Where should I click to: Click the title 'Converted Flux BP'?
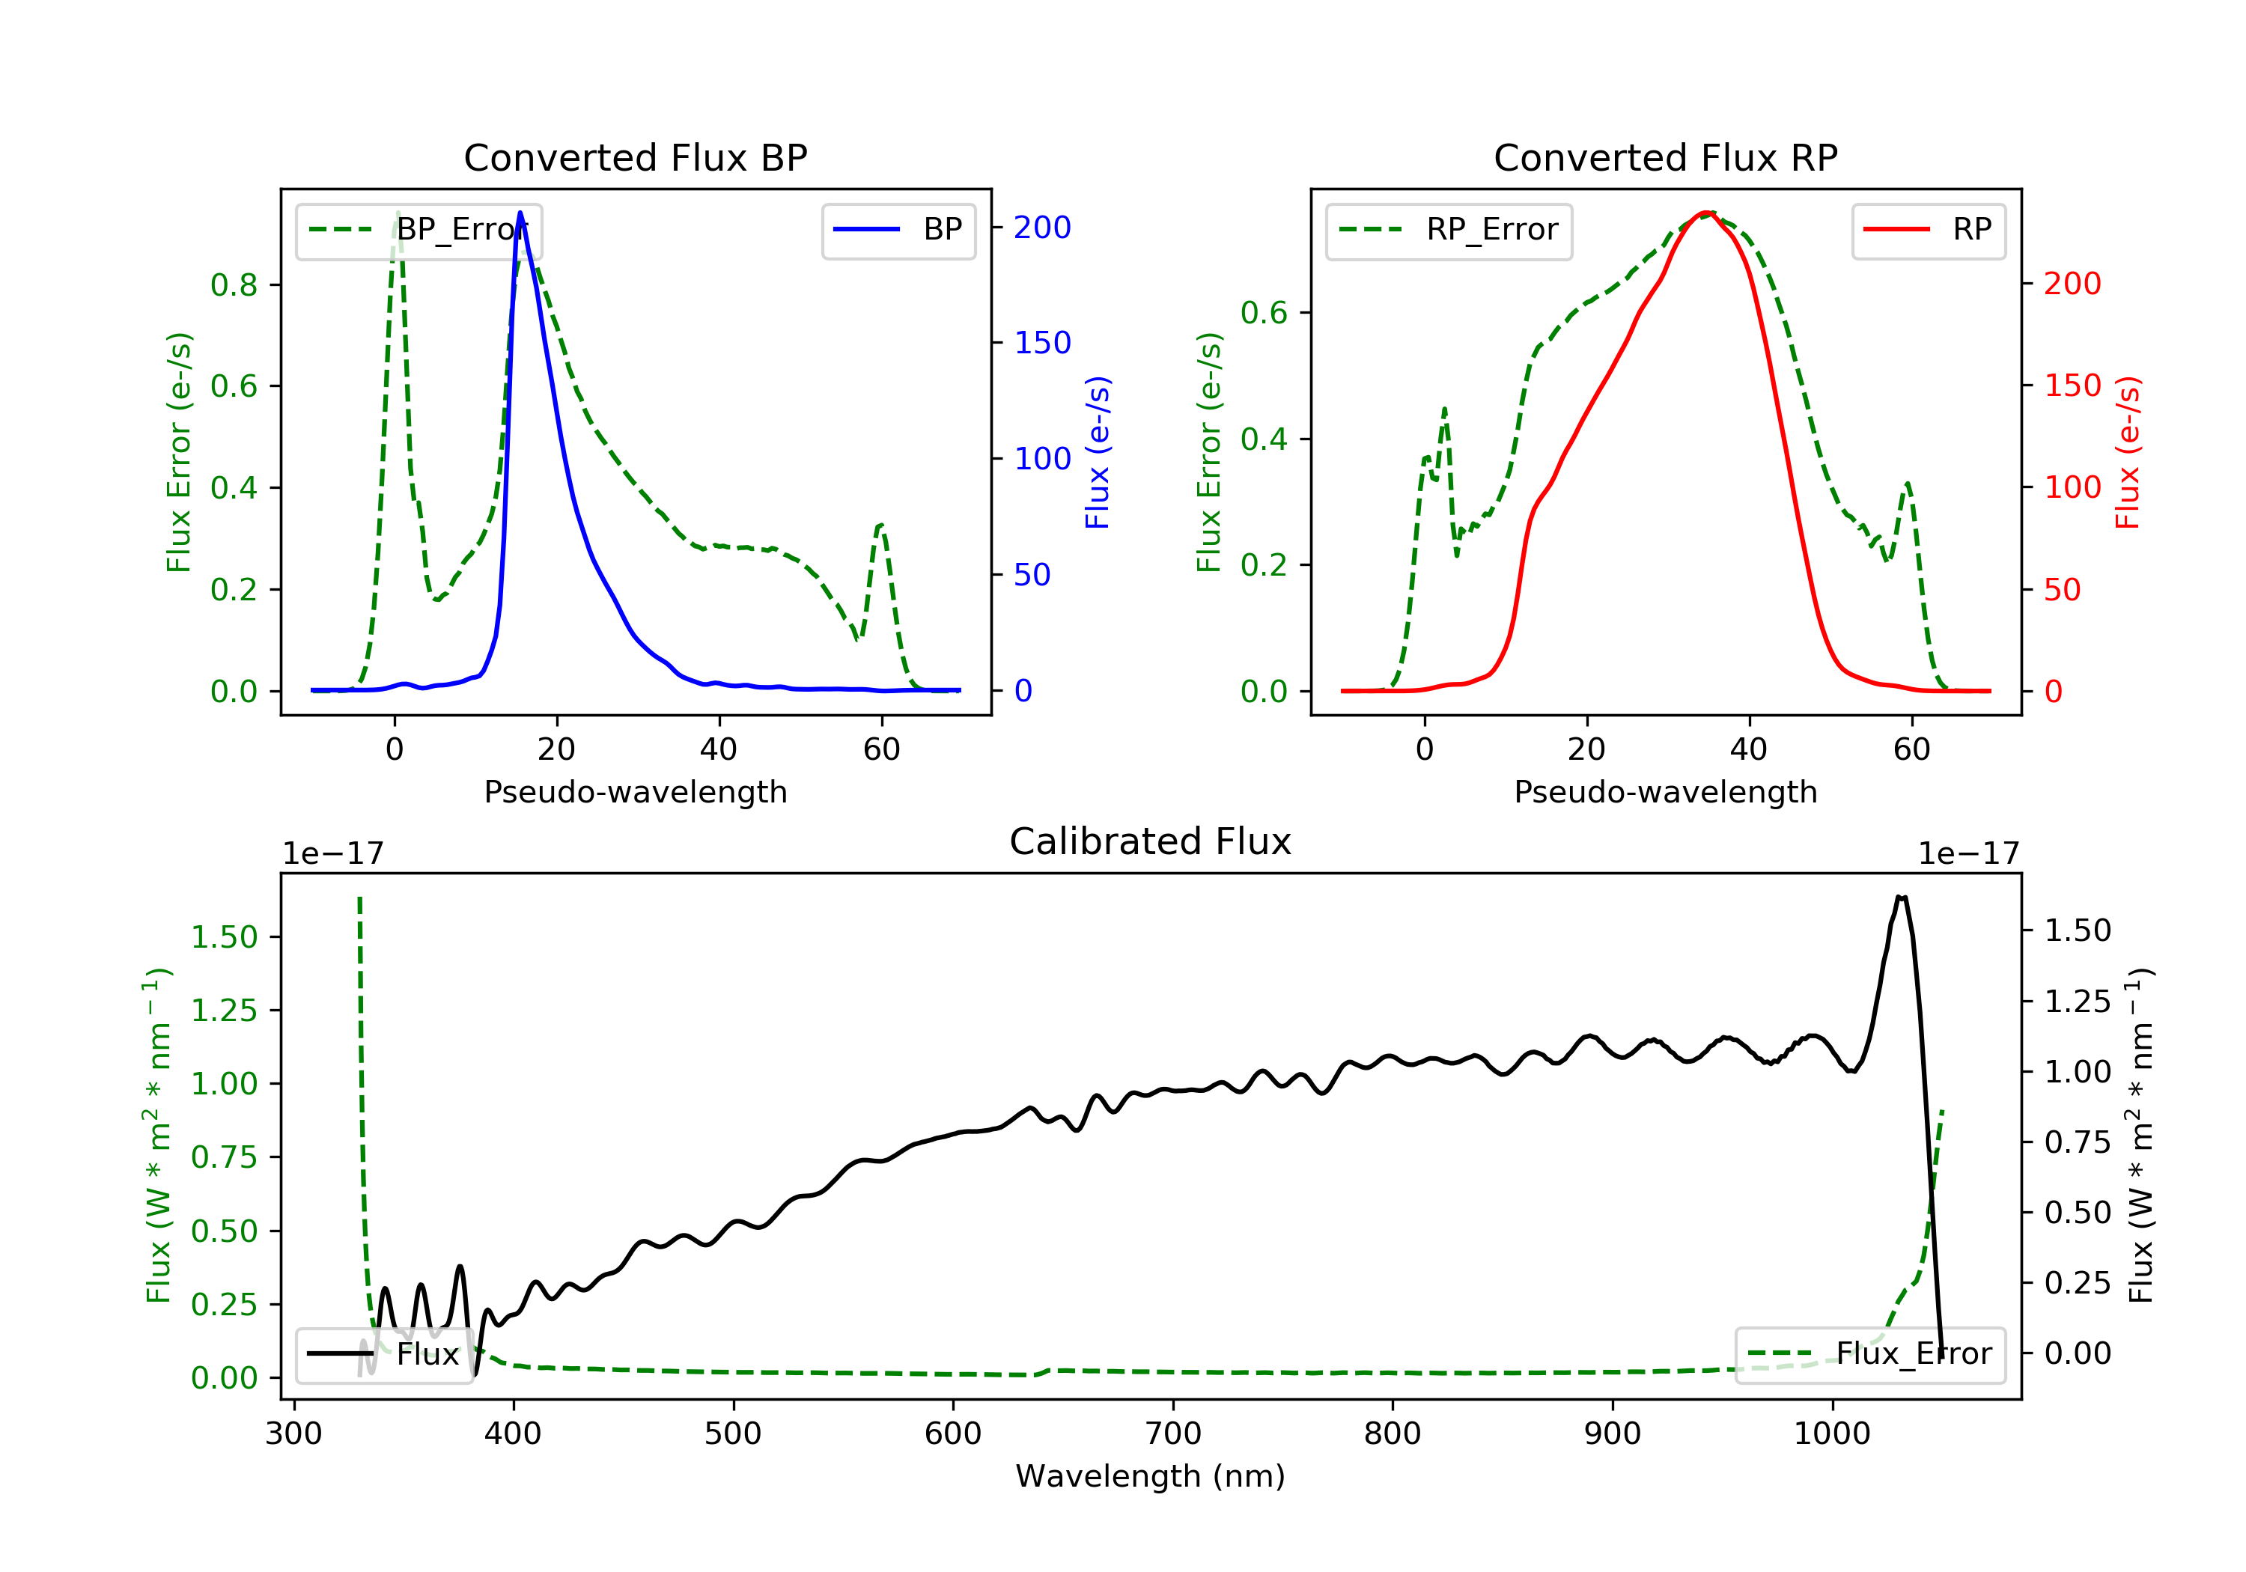pyautogui.click(x=635, y=157)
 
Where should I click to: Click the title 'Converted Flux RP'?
pyautogui.click(x=1665, y=157)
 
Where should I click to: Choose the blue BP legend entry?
pyautogui.click(x=898, y=230)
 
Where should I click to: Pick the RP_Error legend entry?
pyautogui.click(x=1448, y=230)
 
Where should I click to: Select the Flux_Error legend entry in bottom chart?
pyautogui.click(x=1869, y=1354)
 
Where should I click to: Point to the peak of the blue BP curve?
pyautogui.click(x=520, y=213)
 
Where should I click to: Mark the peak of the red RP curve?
pyautogui.click(x=1705, y=213)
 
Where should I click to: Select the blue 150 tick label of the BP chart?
pyautogui.click(x=1042, y=342)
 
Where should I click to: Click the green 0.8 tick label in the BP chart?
pyautogui.click(x=234, y=284)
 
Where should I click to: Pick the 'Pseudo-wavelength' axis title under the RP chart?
pyautogui.click(x=1665, y=791)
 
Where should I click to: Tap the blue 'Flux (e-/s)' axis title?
pyautogui.click(x=1098, y=452)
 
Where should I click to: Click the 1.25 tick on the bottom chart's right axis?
pyautogui.click(x=2077, y=1001)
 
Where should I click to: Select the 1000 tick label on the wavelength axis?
pyautogui.click(x=1831, y=1434)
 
